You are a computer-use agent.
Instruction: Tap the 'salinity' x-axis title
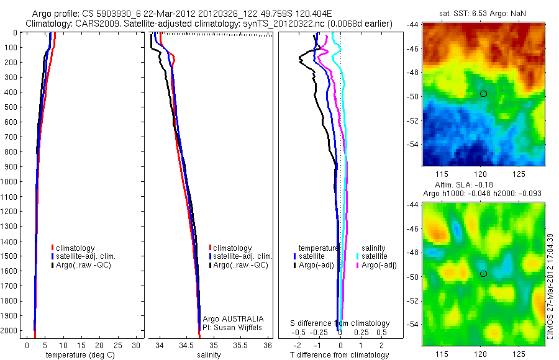[x=209, y=355]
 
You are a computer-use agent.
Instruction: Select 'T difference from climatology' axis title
[x=339, y=355]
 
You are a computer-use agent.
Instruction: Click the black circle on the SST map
[x=483, y=94]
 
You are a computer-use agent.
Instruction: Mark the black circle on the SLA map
[x=483, y=274]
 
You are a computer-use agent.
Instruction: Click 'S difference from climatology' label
[x=340, y=323]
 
